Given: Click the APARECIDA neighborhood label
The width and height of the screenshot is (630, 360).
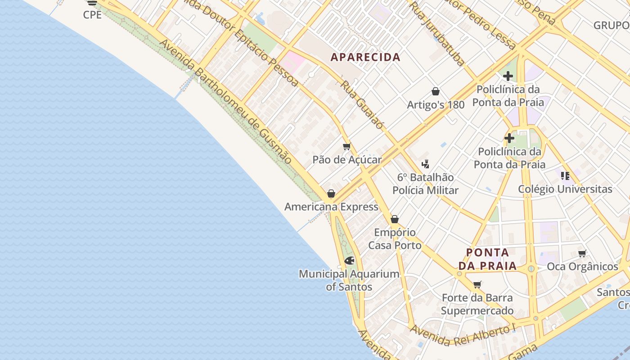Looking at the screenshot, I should tap(365, 57).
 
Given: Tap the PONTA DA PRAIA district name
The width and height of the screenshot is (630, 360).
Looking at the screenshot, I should tap(491, 259).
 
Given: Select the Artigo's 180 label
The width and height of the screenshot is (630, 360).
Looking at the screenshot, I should tap(436, 105).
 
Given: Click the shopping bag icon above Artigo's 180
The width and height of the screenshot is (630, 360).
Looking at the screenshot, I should tap(436, 92).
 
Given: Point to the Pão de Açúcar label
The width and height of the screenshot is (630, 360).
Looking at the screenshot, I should tap(347, 160).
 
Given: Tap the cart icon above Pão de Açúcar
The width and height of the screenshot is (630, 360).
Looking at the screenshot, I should tap(346, 147).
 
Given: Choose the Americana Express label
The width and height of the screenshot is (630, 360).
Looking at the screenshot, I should tap(331, 207).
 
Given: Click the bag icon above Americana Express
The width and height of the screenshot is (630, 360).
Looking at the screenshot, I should tap(331, 194).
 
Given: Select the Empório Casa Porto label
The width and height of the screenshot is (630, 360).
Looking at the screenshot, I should tap(395, 239).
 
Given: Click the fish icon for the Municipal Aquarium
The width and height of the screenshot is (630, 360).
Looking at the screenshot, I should tap(349, 261).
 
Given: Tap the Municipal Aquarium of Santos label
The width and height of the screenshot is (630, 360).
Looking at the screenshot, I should tap(349, 280).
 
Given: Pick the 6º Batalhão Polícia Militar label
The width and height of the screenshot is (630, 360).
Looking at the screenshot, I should tap(425, 184).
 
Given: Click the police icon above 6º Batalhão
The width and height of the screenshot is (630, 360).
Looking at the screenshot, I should tap(425, 164).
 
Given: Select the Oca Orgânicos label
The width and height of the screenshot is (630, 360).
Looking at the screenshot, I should tap(582, 266).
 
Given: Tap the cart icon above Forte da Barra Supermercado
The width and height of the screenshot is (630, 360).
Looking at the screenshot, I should tap(477, 285).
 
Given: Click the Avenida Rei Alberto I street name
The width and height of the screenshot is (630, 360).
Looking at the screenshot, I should tap(462, 335).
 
